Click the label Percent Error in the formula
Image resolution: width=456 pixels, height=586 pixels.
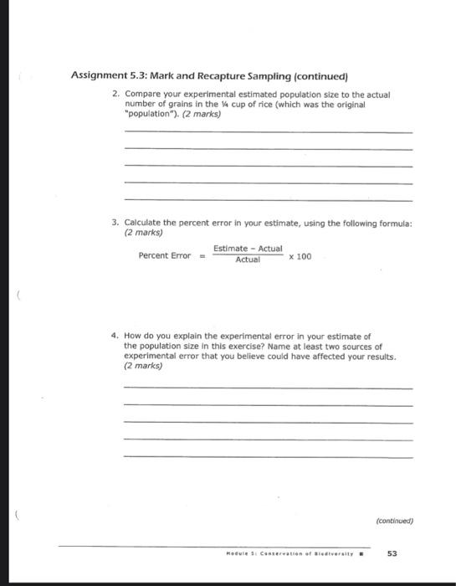165,255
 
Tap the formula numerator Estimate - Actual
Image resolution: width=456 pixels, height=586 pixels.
248,249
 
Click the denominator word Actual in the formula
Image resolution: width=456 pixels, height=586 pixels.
248,260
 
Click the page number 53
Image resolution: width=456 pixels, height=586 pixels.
392,553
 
